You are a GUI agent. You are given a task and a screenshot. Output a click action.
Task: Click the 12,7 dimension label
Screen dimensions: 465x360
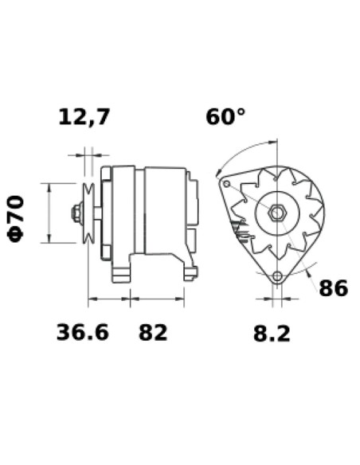[x=84, y=118]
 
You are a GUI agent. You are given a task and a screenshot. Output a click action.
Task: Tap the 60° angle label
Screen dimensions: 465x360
[x=225, y=117]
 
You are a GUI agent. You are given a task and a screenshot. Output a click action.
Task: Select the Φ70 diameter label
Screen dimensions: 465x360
[x=18, y=217]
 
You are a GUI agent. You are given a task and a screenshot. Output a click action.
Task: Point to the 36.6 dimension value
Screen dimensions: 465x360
[x=82, y=332]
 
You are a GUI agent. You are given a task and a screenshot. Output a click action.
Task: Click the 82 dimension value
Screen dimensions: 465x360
[x=153, y=332]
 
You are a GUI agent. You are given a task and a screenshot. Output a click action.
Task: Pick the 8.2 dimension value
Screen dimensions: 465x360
[x=272, y=334]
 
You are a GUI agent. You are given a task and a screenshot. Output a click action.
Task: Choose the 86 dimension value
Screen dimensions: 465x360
[x=333, y=288]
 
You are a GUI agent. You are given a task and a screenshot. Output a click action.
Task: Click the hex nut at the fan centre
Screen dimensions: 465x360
[x=276, y=213]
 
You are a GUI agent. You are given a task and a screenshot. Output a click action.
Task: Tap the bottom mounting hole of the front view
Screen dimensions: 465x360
[x=276, y=276]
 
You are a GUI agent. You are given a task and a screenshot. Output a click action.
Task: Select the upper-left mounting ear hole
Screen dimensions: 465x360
[x=226, y=184]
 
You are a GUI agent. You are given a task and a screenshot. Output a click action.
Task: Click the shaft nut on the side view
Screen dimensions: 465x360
[x=75, y=213]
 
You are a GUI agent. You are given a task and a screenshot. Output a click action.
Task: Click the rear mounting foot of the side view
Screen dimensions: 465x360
[x=190, y=273]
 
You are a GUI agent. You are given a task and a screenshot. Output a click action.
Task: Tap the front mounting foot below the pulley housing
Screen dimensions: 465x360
[x=120, y=273]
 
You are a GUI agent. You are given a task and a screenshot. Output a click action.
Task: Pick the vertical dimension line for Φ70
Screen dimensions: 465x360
[x=50, y=213]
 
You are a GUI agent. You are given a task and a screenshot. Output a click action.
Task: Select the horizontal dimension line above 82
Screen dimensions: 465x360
[x=158, y=299]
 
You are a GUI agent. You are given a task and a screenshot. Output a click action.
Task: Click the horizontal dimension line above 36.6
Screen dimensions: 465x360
[x=109, y=299]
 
